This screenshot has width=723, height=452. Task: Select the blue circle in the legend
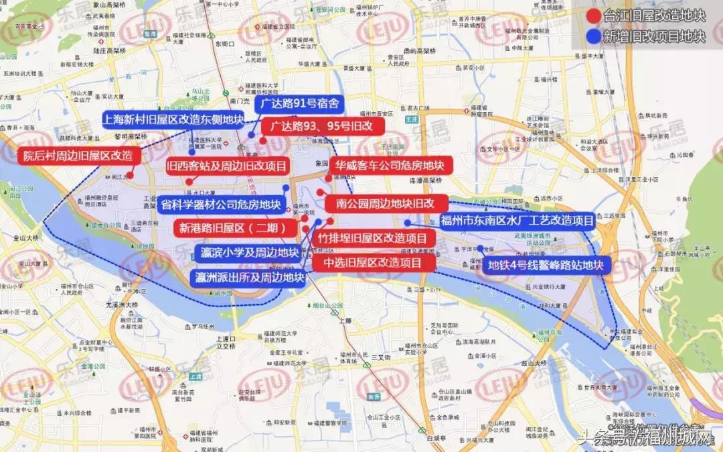[x=591, y=36]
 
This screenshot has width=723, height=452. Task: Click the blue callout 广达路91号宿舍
[x=299, y=104]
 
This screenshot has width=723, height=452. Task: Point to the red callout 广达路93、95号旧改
[x=317, y=125]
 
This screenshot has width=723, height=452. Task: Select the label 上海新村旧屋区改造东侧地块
[x=172, y=119]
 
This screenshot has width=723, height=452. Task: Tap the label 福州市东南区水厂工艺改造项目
[x=516, y=221]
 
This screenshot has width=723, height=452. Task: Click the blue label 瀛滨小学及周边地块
[x=249, y=252]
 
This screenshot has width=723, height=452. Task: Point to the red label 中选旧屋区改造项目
[x=372, y=262]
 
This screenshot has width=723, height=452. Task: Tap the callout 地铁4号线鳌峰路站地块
[x=546, y=265]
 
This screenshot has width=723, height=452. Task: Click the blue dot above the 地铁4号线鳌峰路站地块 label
[x=480, y=249]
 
